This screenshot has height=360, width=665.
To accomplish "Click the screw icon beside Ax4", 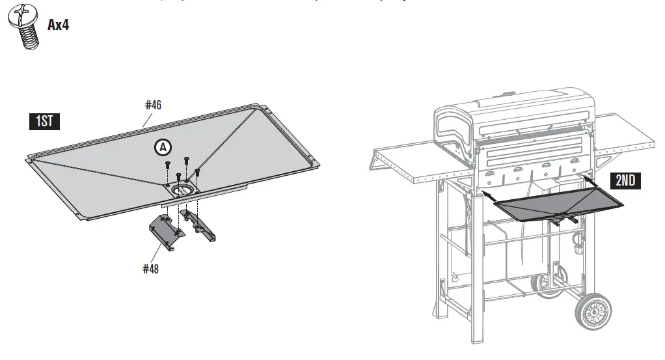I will coord(23,26).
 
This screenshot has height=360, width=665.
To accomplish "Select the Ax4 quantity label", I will coord(59,25).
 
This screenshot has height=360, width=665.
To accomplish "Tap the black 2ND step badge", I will coord(625,180).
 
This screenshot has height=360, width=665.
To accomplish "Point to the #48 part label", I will coord(151,268).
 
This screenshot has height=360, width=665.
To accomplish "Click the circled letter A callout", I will coord(162,148).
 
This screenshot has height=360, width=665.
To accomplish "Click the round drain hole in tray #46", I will coord(183,190).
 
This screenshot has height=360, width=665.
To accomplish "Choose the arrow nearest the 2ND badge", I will coord(588,177).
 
